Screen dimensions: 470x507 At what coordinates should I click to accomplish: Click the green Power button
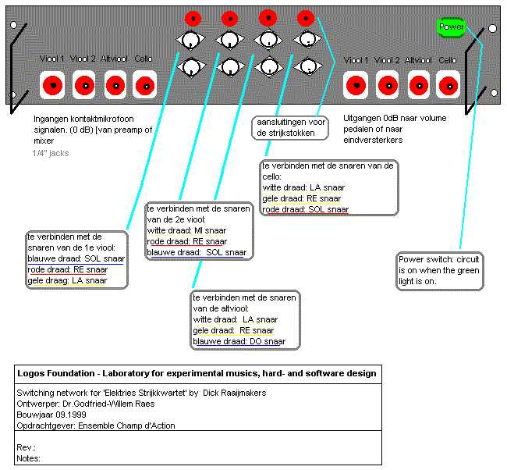pos(452,27)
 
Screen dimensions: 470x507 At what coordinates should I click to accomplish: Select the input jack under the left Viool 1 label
pos(54,84)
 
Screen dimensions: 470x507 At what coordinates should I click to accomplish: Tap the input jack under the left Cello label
pos(144,84)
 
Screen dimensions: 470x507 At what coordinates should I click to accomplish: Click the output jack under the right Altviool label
pos(419,84)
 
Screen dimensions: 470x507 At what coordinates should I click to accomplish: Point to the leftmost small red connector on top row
pos(193,18)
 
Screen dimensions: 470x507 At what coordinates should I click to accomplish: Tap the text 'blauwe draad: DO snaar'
pos(239,341)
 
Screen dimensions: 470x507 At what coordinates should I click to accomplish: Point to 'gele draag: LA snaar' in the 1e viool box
pos(67,280)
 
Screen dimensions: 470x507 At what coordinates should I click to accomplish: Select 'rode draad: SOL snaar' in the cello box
pos(305,209)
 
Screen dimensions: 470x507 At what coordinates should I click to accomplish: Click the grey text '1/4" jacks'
pos(51,153)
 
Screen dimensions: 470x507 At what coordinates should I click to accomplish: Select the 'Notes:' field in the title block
pos(29,458)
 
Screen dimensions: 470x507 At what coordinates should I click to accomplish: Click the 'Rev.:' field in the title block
pos(27,447)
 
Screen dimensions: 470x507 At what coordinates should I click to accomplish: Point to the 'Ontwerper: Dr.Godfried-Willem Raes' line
pos(85,404)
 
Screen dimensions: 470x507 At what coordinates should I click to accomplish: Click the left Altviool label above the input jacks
pos(115,59)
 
